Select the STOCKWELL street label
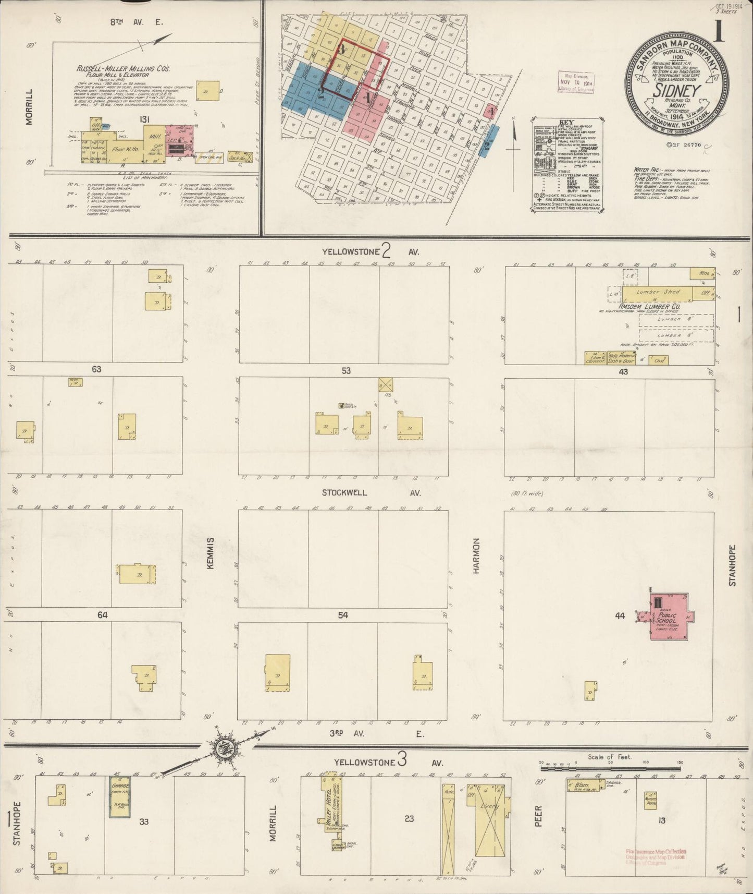pos(344,493)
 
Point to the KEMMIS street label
pos(211,553)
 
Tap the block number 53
pos(346,371)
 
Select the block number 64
pos(102,615)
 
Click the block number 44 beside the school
pos(620,616)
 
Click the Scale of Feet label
pos(609,757)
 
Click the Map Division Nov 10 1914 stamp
pos(576,82)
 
